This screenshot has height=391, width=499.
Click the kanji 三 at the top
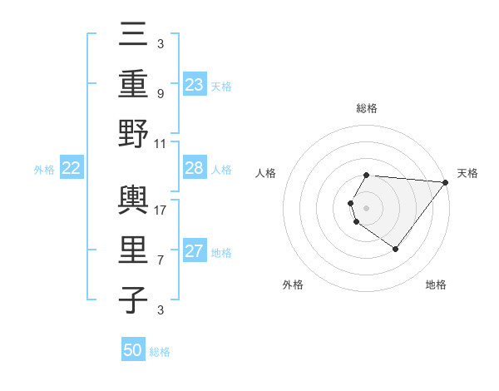(133, 37)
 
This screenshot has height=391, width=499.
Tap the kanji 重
(133, 85)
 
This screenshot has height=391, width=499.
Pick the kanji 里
(133, 250)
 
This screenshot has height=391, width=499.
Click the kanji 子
(133, 299)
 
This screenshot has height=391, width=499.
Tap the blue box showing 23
(195, 85)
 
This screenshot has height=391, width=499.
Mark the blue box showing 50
(133, 350)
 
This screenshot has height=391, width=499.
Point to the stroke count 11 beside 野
(161, 143)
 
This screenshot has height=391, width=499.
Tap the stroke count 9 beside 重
(161, 94)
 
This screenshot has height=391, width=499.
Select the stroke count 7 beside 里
(161, 260)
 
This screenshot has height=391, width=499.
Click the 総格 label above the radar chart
(367, 108)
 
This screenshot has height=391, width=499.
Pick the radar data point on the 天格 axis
(446, 183)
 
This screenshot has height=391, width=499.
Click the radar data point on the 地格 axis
(395, 249)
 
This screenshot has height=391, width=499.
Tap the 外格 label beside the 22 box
(44, 170)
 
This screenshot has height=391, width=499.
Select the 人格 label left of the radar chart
(266, 173)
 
